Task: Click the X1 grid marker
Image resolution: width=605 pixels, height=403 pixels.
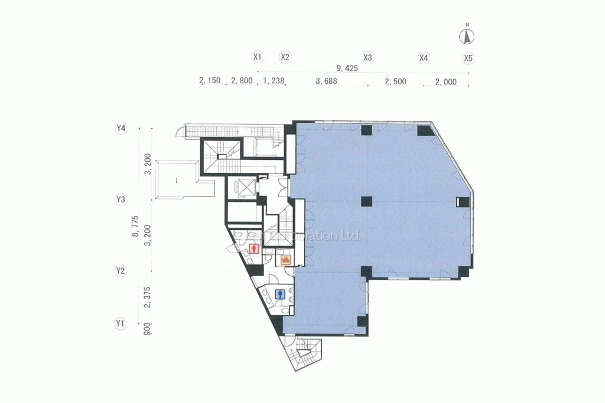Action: coord(257,57)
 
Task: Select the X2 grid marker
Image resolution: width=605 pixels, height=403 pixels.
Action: coord(285,57)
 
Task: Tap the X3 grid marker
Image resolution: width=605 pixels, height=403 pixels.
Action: coord(367,58)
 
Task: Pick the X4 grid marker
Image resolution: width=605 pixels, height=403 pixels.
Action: coord(424,58)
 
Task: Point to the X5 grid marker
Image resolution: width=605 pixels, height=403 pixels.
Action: coord(469,58)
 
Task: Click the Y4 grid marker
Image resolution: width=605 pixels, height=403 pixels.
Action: coord(121,128)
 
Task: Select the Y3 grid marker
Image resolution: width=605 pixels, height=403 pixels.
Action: coord(121,199)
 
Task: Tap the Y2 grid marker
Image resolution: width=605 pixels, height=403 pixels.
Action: coord(121,271)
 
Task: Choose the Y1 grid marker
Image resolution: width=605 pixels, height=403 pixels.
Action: coord(121,323)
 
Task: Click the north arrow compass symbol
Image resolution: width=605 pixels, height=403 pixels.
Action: coord(467,37)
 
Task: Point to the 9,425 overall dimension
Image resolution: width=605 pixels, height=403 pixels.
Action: coord(347,68)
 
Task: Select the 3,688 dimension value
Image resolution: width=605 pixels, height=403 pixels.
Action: coord(326,81)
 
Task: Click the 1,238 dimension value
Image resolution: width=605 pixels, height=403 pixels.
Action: coord(274,81)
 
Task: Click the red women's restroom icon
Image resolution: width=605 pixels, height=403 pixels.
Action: coord(253,248)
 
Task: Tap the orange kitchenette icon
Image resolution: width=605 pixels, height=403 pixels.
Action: coord(286,258)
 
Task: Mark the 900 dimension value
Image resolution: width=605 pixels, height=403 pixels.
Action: coord(148,329)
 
